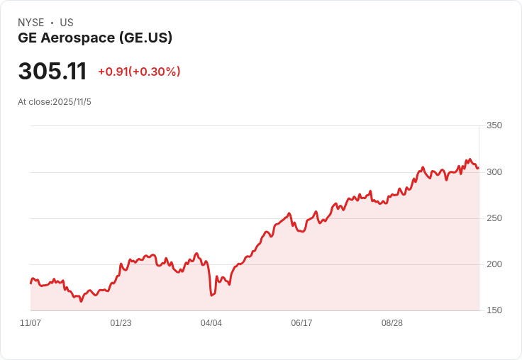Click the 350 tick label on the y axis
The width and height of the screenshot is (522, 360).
point(494,125)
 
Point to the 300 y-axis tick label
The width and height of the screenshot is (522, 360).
point(494,172)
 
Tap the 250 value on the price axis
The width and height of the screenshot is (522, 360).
point(494,218)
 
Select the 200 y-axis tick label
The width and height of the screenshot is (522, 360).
point(494,264)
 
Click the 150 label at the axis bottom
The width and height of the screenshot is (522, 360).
point(494,310)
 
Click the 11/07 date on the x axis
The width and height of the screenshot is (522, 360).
point(30,323)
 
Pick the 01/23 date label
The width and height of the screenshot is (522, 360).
point(121,323)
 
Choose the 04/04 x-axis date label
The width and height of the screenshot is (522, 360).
point(211,323)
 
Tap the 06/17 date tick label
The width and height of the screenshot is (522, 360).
point(301,323)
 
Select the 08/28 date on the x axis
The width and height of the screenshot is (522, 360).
point(392,323)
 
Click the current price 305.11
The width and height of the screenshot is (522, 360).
point(52,72)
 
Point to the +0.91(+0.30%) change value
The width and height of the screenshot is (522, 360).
point(139,72)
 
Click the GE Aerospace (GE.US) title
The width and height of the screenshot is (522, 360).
point(95,38)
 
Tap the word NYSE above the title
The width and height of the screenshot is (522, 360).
point(31,23)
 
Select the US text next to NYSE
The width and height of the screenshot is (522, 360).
point(67,23)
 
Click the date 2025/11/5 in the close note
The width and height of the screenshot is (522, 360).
point(72,102)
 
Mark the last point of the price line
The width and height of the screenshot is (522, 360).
point(478,168)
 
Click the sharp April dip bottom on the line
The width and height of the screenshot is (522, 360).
point(211,295)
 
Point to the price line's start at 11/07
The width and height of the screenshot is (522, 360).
point(30,283)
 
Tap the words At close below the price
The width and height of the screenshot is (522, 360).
point(33,102)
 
